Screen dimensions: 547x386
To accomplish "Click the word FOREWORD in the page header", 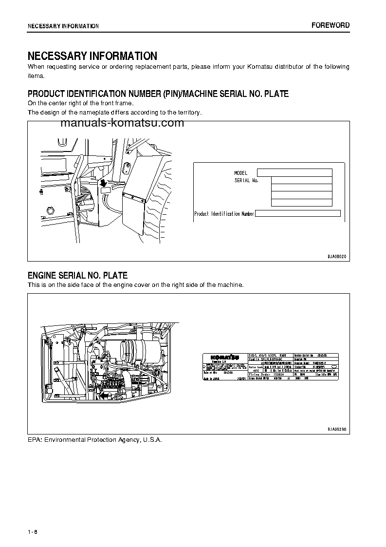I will [x=331, y=25].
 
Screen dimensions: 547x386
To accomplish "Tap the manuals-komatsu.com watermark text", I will [x=122, y=123].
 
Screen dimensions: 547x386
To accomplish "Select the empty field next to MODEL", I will [x=294, y=172].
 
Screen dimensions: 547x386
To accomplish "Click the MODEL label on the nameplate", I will [x=240, y=173].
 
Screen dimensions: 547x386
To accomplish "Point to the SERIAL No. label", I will [x=246, y=180].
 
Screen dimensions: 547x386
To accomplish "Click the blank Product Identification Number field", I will [x=297, y=213].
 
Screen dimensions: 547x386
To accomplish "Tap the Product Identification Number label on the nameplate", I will [x=224, y=214].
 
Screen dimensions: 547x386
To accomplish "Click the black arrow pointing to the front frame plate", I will [x=103, y=183].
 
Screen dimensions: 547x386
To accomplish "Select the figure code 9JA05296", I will [x=336, y=429].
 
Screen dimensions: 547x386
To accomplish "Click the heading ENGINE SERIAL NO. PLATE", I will [x=77, y=275].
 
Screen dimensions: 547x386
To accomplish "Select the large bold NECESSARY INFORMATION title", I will [x=92, y=56].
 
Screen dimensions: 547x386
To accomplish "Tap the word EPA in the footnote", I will [x=35, y=440].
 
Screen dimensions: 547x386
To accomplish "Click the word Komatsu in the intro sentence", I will [x=245, y=67].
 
